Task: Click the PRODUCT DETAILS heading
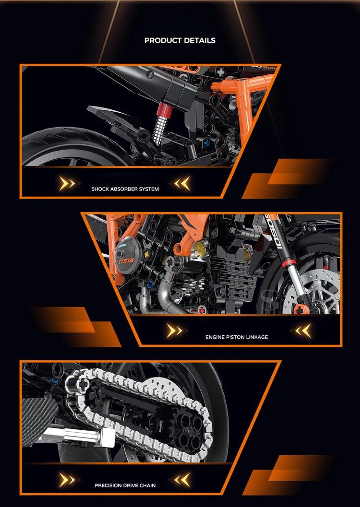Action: [x=180, y=40]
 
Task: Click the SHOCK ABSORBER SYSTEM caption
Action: [x=125, y=189]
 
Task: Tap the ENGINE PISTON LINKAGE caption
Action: [x=237, y=337]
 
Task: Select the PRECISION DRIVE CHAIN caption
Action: [x=125, y=485]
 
